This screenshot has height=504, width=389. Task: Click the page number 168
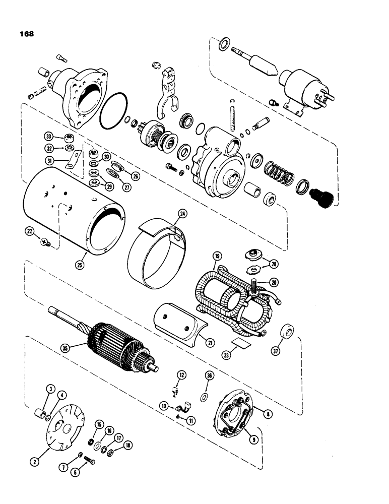pyautogui.click(x=25, y=34)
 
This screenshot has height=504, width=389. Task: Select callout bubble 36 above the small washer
pyautogui.click(x=210, y=375)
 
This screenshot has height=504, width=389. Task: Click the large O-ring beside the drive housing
pyautogui.click(x=114, y=117)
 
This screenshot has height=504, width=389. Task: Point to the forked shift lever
pyautogui.click(x=166, y=93)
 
